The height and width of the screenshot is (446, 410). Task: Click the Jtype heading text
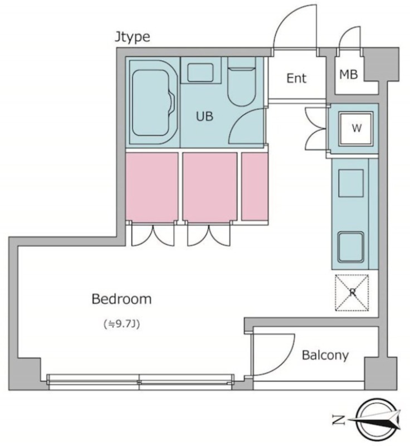(133, 37)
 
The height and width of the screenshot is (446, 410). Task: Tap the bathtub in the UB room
(153, 103)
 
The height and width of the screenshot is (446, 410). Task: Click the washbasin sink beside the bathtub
(201, 72)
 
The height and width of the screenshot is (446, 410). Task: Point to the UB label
(204, 116)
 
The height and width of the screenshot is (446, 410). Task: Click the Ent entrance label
(296, 78)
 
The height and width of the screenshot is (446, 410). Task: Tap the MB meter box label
(348, 75)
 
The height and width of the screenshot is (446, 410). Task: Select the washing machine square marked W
(356, 129)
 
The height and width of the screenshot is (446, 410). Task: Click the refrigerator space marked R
(352, 293)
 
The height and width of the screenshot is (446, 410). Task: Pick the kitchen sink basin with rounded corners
(351, 247)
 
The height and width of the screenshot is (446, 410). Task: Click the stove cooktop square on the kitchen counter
(351, 183)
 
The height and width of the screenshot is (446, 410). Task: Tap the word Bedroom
(121, 299)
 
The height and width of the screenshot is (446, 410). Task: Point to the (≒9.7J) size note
(121, 324)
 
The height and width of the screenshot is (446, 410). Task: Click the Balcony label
(325, 355)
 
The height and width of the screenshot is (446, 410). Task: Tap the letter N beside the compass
(338, 420)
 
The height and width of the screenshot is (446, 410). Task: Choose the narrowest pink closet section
(255, 186)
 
